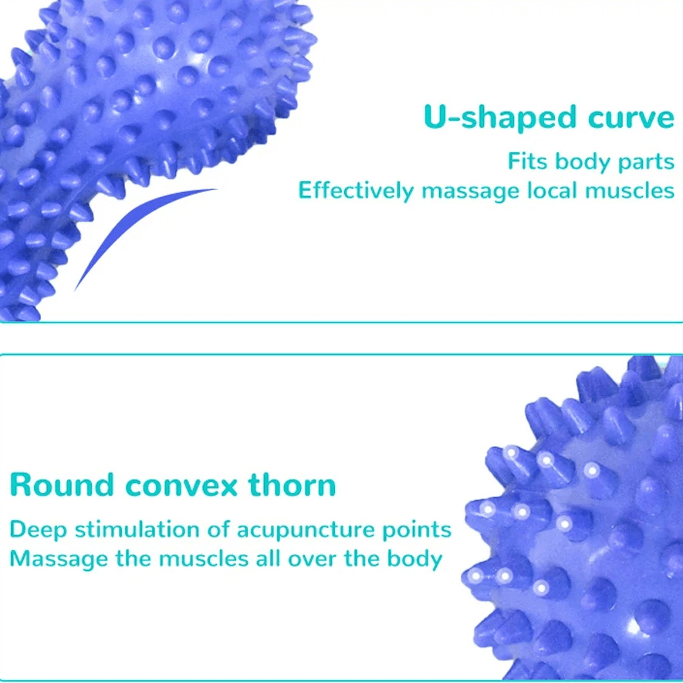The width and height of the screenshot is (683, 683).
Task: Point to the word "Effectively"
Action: (356, 190)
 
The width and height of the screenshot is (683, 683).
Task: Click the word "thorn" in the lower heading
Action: (292, 485)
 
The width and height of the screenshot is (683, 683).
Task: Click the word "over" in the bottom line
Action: (314, 559)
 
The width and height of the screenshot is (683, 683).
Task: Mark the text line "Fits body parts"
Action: (590, 163)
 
